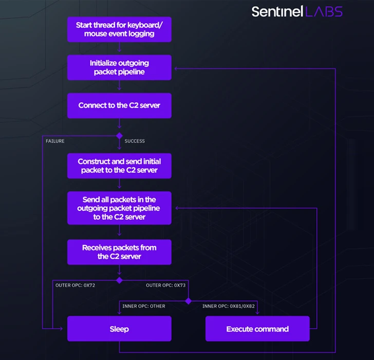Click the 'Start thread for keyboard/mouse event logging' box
[119, 29]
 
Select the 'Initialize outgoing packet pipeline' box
[119, 67]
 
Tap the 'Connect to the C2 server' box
[119, 105]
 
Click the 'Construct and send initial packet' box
[119, 165]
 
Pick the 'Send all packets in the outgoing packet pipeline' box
[119, 208]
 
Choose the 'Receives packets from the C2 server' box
[119, 251]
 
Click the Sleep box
[119, 329]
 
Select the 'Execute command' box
[257, 329]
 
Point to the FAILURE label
[55, 141]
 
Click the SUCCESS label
[135, 141]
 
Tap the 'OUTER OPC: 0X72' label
[75, 285]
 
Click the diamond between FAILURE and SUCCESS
[119, 136]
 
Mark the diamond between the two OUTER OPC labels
[119, 280]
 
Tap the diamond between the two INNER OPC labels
[188, 301]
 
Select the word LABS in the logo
[324, 11]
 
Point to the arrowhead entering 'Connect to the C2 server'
[119, 91]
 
